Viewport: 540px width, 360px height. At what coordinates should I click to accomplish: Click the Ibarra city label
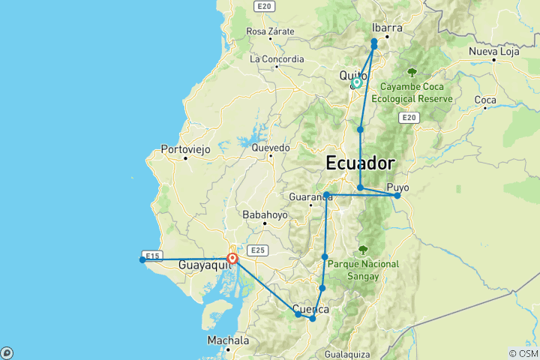[x=387, y=27]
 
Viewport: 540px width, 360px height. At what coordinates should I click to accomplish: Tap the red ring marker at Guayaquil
[x=232, y=259]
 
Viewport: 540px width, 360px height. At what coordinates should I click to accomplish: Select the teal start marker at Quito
[x=357, y=82]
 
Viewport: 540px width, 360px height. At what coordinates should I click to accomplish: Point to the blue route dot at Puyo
[x=397, y=196]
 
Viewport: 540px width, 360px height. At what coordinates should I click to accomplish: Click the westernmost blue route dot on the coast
[x=142, y=260]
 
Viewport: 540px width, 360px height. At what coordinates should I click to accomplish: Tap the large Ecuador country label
[x=360, y=163]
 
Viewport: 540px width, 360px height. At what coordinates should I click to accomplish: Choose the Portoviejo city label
[x=185, y=149]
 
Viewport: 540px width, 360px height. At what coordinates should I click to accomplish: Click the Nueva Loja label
[x=494, y=51]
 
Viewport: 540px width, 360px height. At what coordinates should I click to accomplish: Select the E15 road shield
[x=152, y=256]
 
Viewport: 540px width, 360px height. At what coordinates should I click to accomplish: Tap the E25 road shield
[x=257, y=250]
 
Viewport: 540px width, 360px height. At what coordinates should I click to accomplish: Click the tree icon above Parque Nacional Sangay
[x=364, y=250]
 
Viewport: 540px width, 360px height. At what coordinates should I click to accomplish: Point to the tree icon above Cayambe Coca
[x=412, y=72]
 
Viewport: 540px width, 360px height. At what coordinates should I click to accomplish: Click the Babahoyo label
[x=265, y=214]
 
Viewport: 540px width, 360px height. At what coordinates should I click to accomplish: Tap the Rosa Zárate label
[x=270, y=31]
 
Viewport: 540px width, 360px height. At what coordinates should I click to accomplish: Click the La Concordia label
[x=277, y=58]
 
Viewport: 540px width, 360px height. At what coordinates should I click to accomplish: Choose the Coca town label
[x=485, y=100]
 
